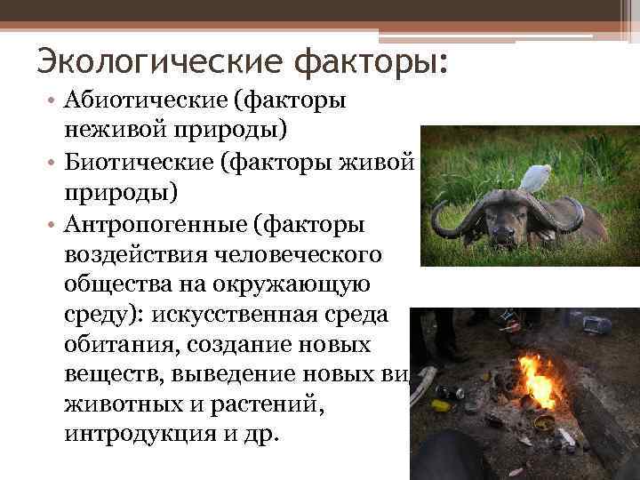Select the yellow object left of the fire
pos(440,405)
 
